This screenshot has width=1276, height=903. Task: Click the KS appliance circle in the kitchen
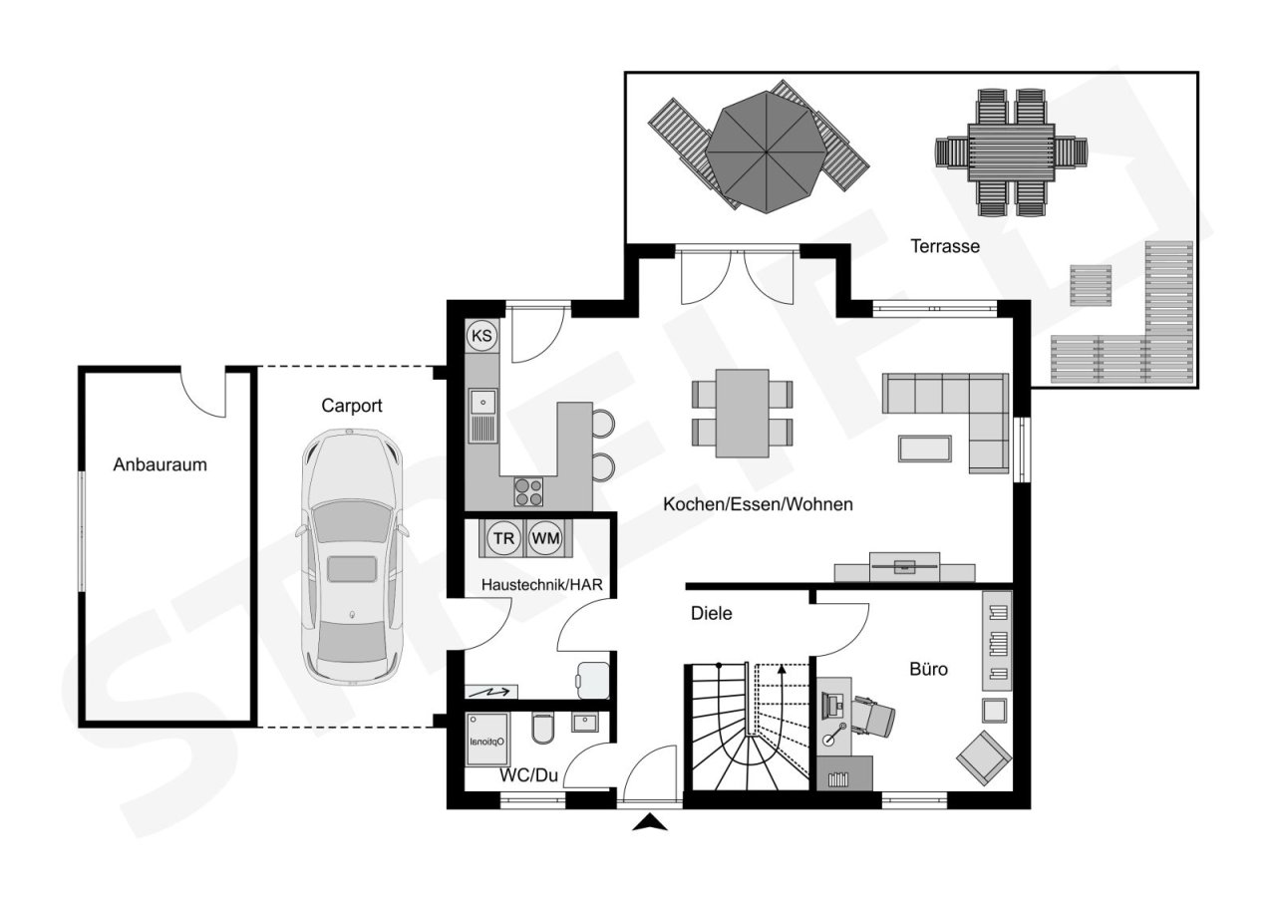(x=481, y=336)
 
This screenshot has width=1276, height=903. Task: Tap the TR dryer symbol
(x=504, y=539)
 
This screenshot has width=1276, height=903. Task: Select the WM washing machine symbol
(x=545, y=539)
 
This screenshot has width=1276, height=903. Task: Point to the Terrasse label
(x=945, y=246)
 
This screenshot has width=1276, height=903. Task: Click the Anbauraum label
(x=159, y=464)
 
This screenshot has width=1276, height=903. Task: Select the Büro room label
(x=928, y=669)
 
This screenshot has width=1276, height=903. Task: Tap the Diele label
(x=712, y=614)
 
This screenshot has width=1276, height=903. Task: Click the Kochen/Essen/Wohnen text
(x=758, y=505)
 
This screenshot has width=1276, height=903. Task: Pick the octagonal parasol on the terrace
(x=765, y=150)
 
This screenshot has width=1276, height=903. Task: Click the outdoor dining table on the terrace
(x=1010, y=151)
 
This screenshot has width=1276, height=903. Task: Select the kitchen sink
(x=483, y=414)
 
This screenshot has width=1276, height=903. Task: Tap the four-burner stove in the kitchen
(x=528, y=492)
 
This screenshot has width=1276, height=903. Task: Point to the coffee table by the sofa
(x=924, y=449)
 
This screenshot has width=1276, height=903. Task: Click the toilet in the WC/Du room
(x=542, y=731)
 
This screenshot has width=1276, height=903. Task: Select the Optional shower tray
(x=488, y=740)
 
